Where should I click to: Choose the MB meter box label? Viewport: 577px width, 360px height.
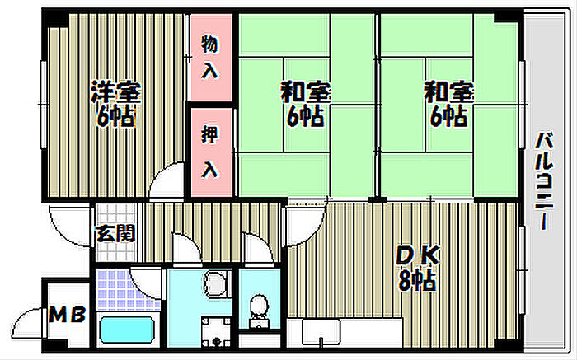[68, 315]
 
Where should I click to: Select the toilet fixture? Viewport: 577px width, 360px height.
[258, 308]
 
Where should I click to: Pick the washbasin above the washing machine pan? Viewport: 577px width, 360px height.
[216, 284]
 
